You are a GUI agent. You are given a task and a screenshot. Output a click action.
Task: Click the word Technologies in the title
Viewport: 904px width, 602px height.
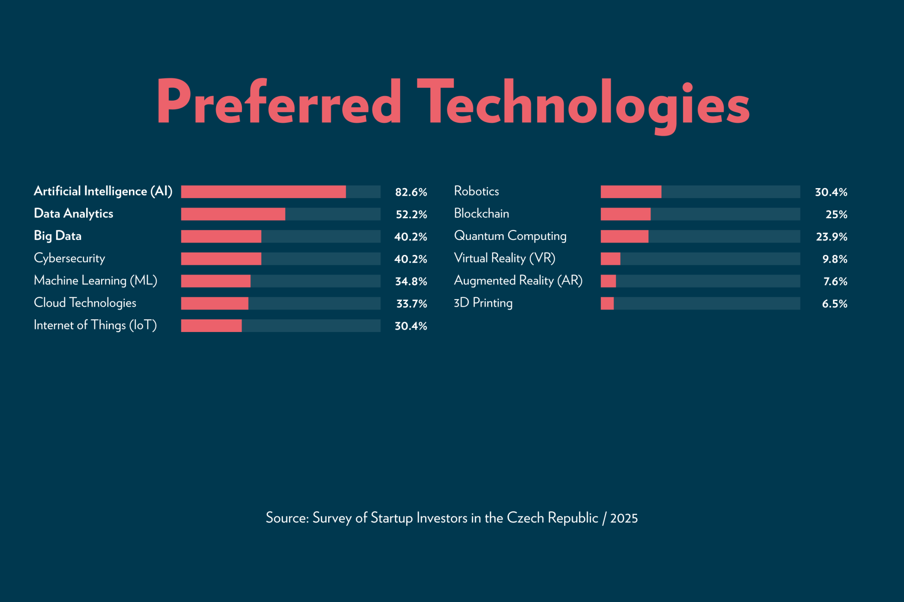click(583, 103)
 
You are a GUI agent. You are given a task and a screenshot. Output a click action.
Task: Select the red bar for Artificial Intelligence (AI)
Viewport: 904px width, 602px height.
click(263, 192)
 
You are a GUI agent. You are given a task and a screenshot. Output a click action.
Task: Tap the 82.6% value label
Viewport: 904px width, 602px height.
click(411, 192)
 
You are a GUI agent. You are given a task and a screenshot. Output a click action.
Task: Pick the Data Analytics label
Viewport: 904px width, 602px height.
click(73, 214)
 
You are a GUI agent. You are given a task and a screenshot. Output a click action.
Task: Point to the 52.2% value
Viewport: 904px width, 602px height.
click(411, 214)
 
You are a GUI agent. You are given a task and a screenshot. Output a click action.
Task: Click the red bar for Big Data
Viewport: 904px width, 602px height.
click(221, 237)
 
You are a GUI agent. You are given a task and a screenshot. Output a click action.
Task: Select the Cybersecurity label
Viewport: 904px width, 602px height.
click(69, 258)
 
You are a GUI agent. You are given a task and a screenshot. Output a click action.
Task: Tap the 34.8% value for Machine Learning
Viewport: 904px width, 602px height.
click(411, 281)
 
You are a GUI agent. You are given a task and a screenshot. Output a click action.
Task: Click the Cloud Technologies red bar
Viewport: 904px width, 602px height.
click(214, 303)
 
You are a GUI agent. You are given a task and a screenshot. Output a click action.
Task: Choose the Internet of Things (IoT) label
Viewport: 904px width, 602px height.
click(95, 325)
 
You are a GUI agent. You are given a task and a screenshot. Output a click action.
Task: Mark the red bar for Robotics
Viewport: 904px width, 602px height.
click(631, 192)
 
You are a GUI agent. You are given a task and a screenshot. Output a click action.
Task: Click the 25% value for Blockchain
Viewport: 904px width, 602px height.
click(836, 214)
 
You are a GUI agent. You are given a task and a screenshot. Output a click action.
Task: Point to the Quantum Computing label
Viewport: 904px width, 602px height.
click(510, 236)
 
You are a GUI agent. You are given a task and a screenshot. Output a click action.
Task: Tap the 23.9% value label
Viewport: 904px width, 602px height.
click(831, 237)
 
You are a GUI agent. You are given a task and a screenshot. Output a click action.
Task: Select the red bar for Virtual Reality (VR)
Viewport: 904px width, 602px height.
click(610, 259)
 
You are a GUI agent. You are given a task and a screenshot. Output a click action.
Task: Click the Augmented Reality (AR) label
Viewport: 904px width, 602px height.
click(518, 281)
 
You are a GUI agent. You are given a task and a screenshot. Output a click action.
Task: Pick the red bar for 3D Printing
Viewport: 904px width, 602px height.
click(607, 303)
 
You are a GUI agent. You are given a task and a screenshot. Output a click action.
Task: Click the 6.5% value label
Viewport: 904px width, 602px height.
click(834, 304)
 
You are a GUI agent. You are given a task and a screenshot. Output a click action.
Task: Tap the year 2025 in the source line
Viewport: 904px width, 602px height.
click(624, 518)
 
